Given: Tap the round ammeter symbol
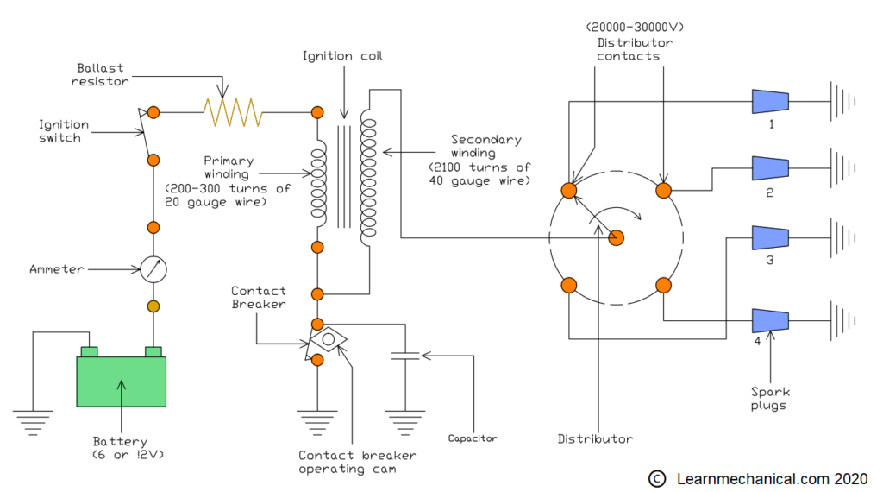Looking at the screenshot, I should (x=153, y=269).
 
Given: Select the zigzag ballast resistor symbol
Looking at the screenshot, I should (x=232, y=112).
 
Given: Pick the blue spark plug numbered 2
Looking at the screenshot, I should (x=770, y=168).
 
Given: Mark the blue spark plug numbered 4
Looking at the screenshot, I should (x=770, y=320).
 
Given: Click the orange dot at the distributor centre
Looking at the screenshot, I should (x=617, y=237).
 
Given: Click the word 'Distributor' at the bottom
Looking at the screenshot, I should (x=595, y=438).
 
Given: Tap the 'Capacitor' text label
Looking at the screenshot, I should (x=473, y=438).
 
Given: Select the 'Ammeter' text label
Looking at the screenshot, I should (x=57, y=269).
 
